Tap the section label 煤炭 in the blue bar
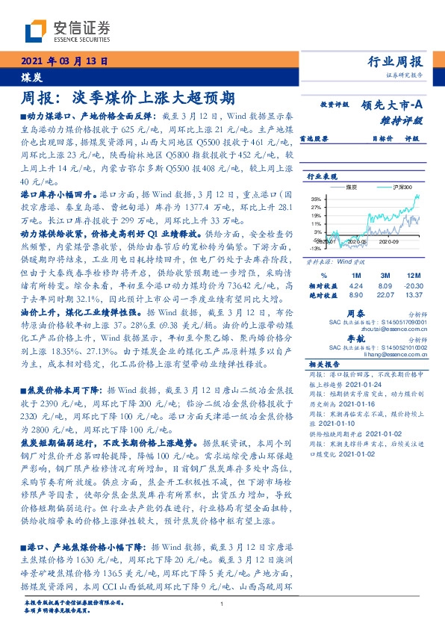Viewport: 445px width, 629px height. coord(31,76)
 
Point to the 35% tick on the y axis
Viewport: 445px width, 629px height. coord(316,199)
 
